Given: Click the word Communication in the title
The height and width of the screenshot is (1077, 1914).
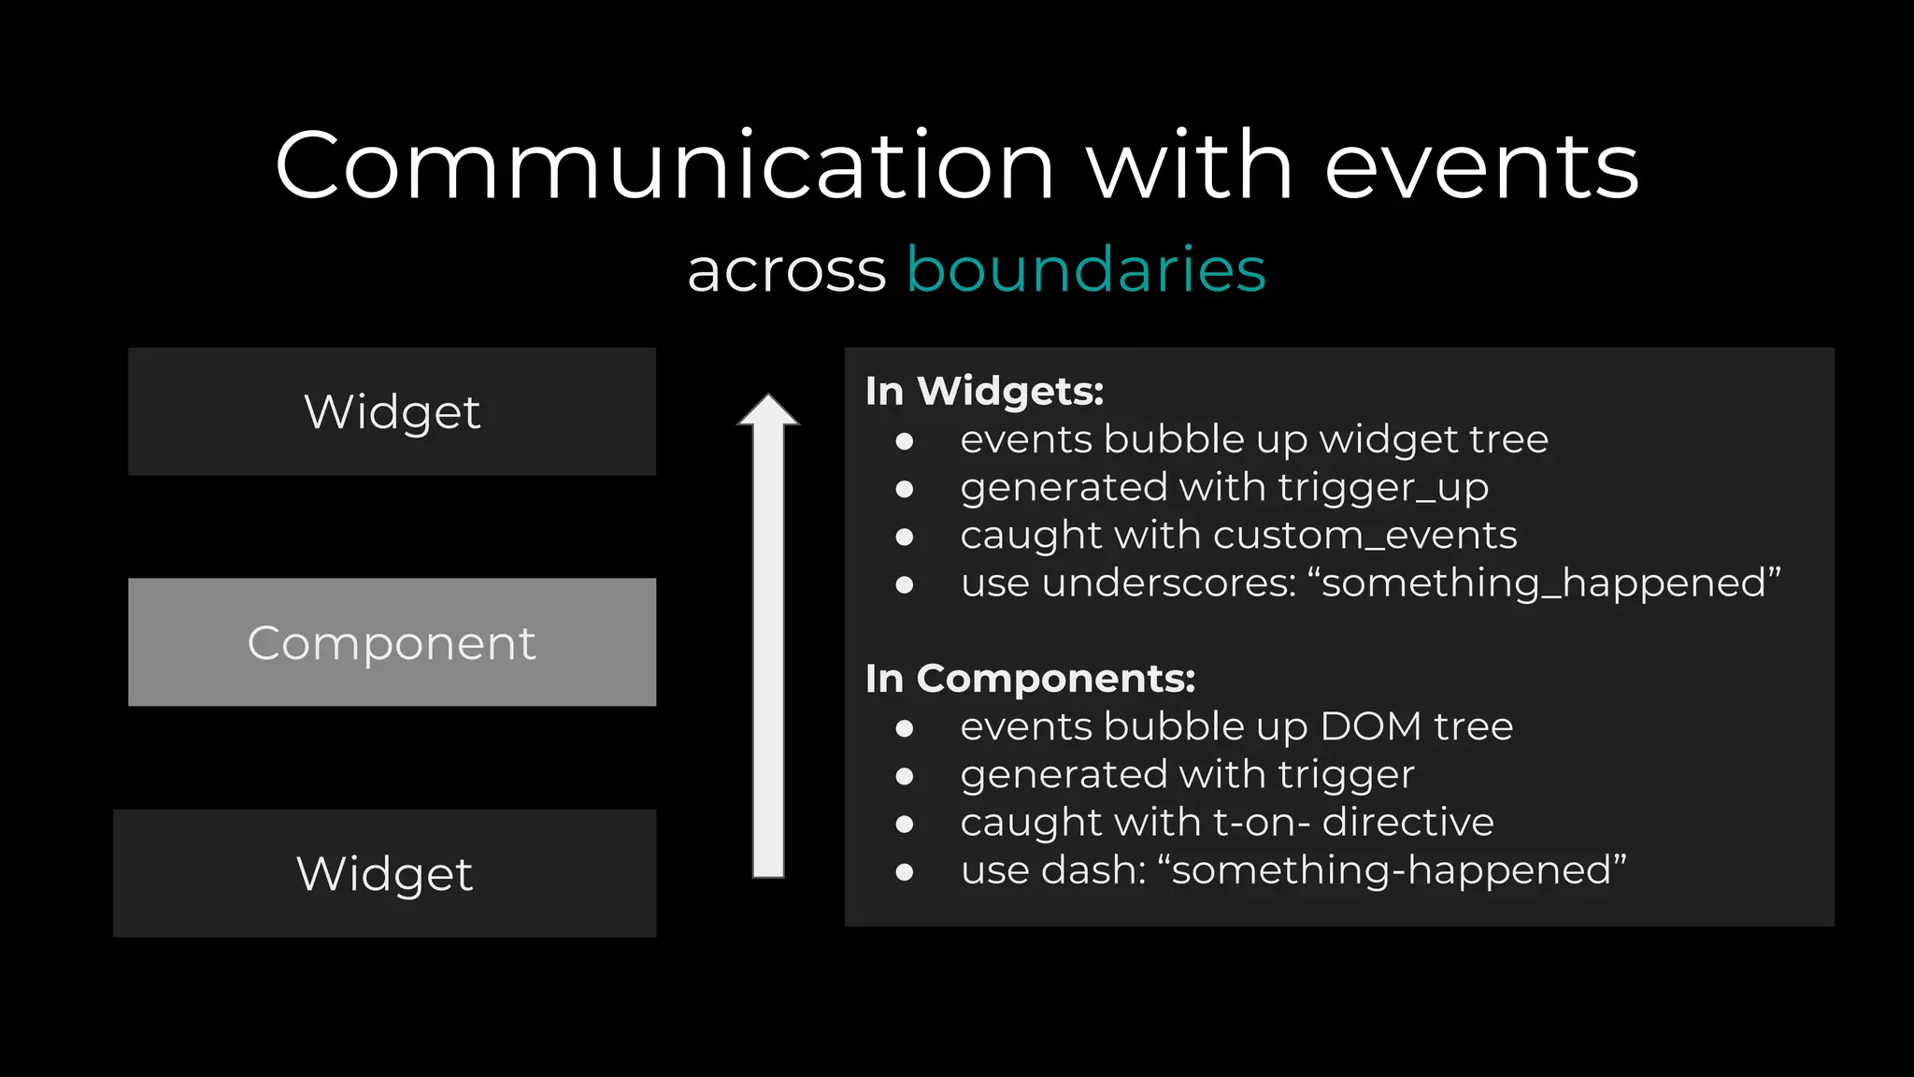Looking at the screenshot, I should pyautogui.click(x=664, y=166).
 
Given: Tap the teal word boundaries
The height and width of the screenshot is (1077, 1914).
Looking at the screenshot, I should pyautogui.click(x=1086, y=270).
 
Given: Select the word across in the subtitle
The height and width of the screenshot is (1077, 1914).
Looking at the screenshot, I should pyautogui.click(x=786, y=272).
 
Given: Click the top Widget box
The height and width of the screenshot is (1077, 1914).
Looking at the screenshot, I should pyautogui.click(x=392, y=412).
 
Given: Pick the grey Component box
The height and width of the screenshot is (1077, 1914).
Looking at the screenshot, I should pyautogui.click(x=392, y=642).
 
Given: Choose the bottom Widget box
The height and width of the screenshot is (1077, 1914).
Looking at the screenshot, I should pyautogui.click(x=384, y=873).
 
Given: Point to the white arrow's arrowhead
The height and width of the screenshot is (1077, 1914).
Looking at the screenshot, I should pyautogui.click(x=768, y=411).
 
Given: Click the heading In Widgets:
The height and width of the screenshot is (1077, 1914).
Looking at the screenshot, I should pyautogui.click(x=984, y=391).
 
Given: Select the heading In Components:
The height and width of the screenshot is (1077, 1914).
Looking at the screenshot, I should pyautogui.click(x=1030, y=679).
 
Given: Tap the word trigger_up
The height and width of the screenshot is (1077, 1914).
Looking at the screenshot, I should pyautogui.click(x=1383, y=487).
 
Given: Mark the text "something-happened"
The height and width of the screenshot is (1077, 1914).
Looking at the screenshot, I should pyautogui.click(x=1392, y=870).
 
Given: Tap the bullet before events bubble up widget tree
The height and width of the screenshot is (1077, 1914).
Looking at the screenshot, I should pyautogui.click(x=904, y=441).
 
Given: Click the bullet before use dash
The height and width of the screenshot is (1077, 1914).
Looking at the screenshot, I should pyautogui.click(x=904, y=872).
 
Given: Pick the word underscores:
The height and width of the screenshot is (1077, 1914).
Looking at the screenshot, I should pyautogui.click(x=1169, y=583).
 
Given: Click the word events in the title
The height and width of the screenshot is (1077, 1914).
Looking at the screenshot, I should pyautogui.click(x=1481, y=166).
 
